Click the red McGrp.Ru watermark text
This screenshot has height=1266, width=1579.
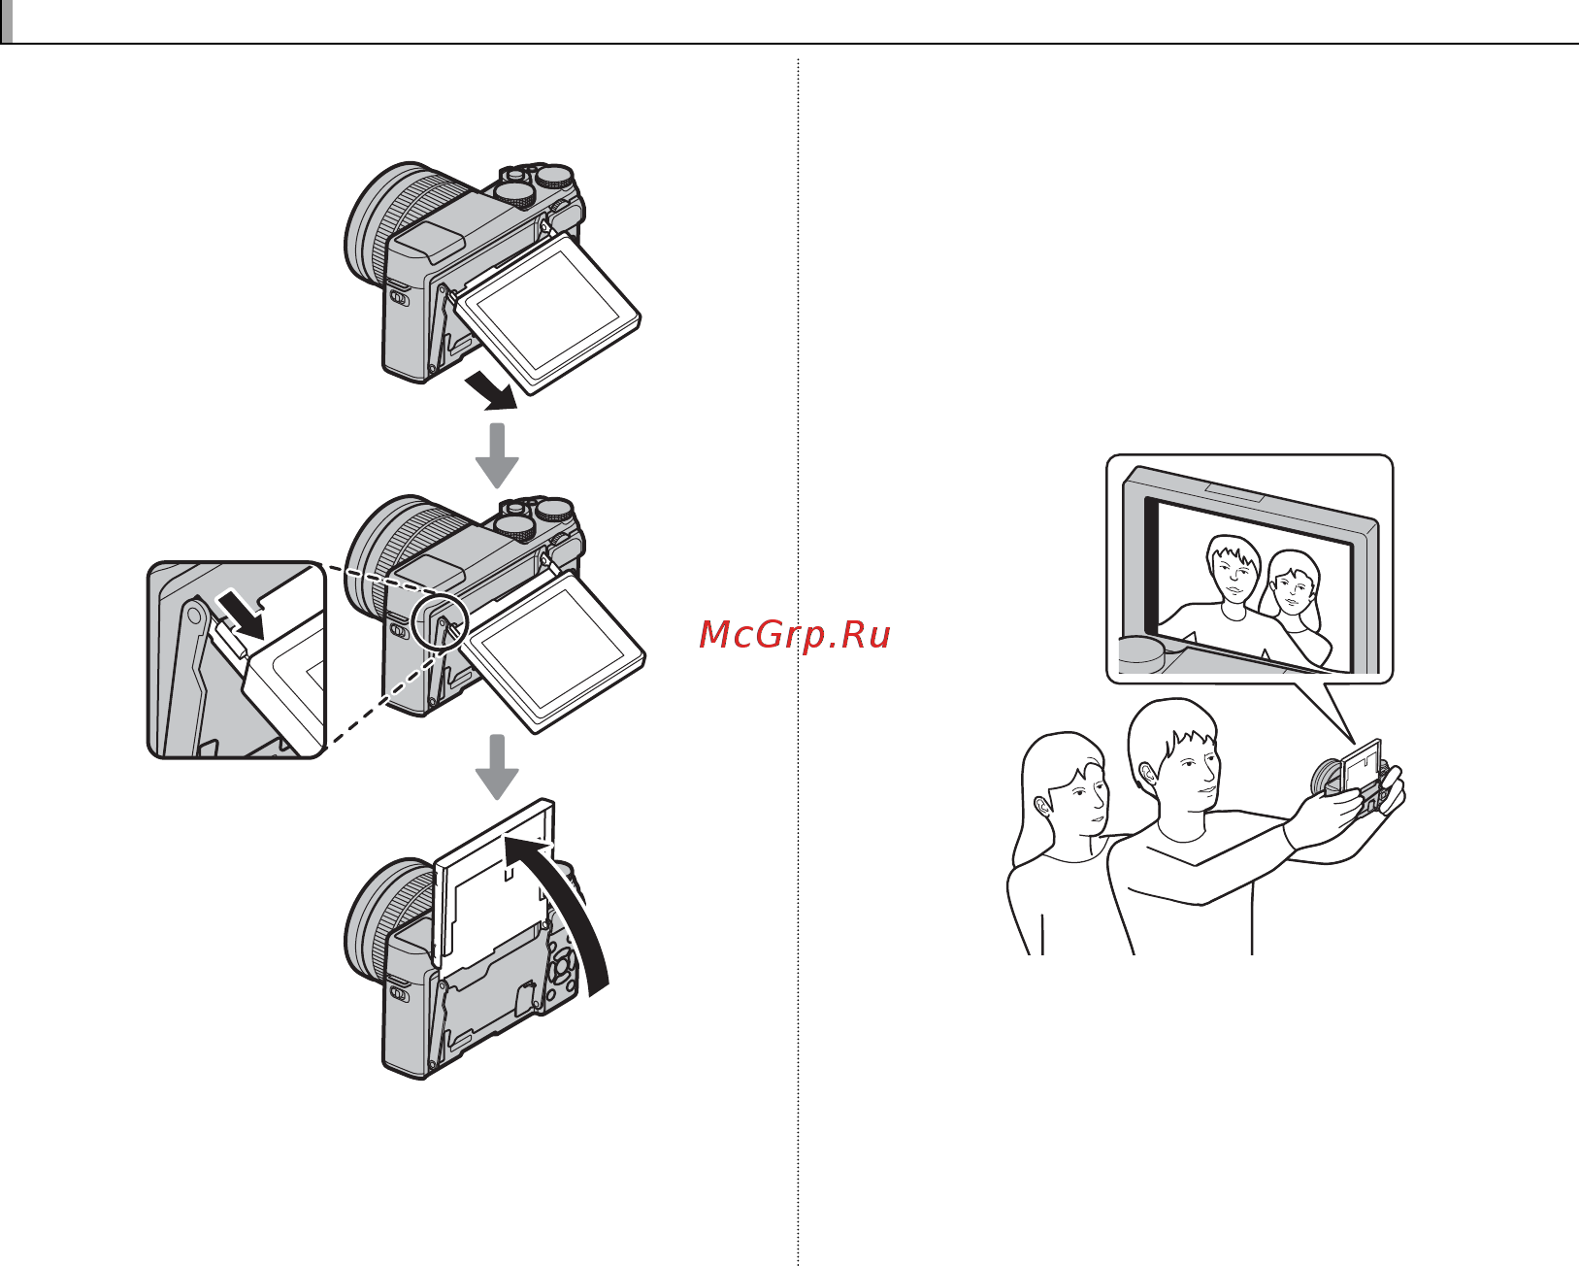[x=795, y=634]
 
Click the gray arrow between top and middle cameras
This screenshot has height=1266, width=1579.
[x=498, y=455]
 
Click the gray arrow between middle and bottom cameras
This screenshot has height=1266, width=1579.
[x=498, y=767]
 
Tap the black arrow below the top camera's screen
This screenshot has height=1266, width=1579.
[x=492, y=390]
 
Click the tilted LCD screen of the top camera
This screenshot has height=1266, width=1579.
[x=547, y=315]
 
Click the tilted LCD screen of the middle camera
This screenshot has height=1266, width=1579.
[x=553, y=651]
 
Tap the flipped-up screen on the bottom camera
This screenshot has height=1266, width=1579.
[x=494, y=880]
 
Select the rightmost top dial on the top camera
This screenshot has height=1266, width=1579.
[x=554, y=179]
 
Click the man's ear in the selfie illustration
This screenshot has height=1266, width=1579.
[x=1147, y=775]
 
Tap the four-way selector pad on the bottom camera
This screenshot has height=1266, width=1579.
[x=561, y=966]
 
